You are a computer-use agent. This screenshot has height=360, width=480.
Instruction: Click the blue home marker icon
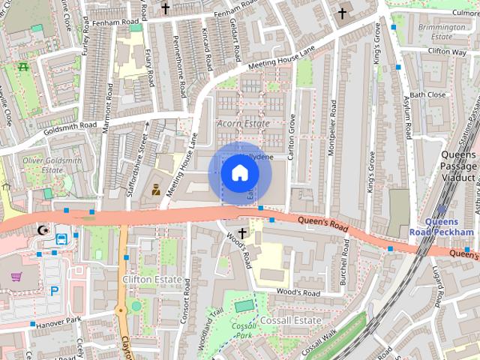239,173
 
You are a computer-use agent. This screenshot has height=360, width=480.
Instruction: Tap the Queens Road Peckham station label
449,226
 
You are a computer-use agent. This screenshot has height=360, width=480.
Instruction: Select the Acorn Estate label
242,122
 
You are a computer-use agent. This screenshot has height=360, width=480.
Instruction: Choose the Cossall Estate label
291,319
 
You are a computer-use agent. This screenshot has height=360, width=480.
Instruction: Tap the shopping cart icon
16,277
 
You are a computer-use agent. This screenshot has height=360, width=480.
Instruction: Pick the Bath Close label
427,94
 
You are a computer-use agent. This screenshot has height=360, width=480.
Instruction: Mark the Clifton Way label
447,52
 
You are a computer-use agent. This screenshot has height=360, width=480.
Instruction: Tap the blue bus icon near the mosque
61,238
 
